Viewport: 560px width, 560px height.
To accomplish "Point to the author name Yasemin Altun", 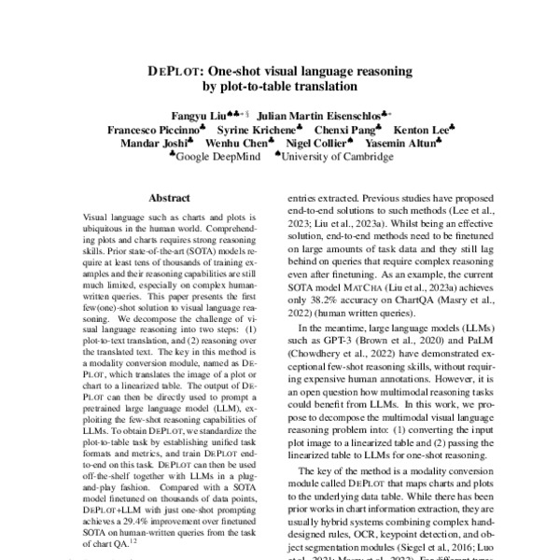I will pos(400,144).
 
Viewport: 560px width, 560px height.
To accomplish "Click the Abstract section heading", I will pos(170,199).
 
